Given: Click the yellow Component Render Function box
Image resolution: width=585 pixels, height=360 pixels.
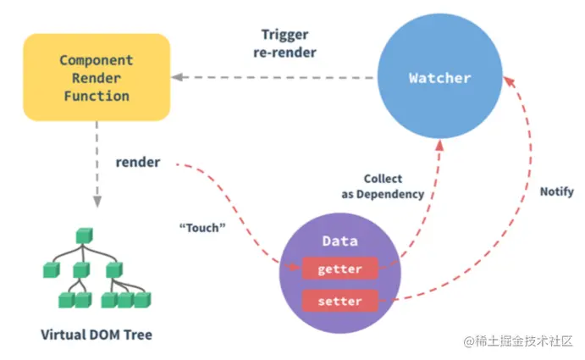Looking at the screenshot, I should (96, 77).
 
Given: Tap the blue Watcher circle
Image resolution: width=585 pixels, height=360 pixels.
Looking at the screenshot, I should (439, 78).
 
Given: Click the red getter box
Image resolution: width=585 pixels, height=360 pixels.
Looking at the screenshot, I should (339, 269).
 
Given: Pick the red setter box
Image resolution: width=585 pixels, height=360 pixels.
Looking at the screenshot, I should (339, 301).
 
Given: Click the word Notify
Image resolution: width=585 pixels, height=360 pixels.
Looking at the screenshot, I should (556, 191).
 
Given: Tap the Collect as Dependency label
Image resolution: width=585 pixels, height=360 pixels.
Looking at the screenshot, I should (384, 186).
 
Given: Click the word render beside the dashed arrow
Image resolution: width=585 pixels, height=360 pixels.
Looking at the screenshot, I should (138, 162).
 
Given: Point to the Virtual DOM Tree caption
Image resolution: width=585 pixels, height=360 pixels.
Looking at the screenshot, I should (97, 335).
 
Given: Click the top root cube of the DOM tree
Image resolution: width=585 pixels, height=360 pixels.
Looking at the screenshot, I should (82, 234).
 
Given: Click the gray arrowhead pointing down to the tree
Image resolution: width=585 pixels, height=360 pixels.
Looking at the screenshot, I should (97, 202).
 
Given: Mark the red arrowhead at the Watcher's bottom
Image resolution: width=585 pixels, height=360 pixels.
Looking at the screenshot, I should (439, 147).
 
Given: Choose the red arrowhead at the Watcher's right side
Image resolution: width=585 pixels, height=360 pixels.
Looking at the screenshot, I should (508, 79).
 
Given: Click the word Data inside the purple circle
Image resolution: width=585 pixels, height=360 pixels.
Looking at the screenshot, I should (339, 241).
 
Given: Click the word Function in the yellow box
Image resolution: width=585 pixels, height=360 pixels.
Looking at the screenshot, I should (95, 96).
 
